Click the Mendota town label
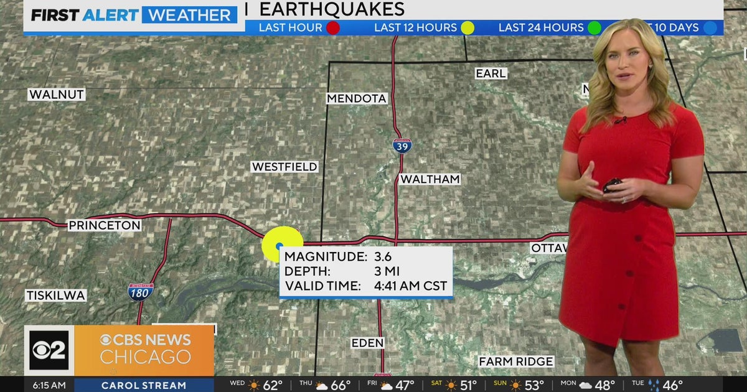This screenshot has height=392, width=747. pos(357,98)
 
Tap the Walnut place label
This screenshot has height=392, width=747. pos(57,95)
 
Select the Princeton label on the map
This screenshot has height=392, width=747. pos(105,225)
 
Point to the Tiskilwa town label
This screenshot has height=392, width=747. pos(56,296)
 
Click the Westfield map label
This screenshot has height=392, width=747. pos(284,167)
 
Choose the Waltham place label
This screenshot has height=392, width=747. pos(430,179)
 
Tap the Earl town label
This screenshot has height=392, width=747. pos(491,73)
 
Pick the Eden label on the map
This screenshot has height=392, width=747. pos(367,343)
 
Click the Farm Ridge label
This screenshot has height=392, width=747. pos(516,362)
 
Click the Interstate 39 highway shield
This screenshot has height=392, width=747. pos(402,145)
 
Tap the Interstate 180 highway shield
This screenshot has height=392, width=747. pos(141,291)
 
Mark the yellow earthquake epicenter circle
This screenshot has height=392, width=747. pos(282,245)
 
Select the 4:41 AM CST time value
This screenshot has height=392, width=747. pos(410,286)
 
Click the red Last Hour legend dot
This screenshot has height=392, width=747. pos(333,27)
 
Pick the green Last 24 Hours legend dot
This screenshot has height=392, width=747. pos(594,27)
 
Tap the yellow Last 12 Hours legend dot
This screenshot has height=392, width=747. pos(467,27)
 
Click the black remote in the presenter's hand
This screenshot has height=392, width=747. pos(612,184)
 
